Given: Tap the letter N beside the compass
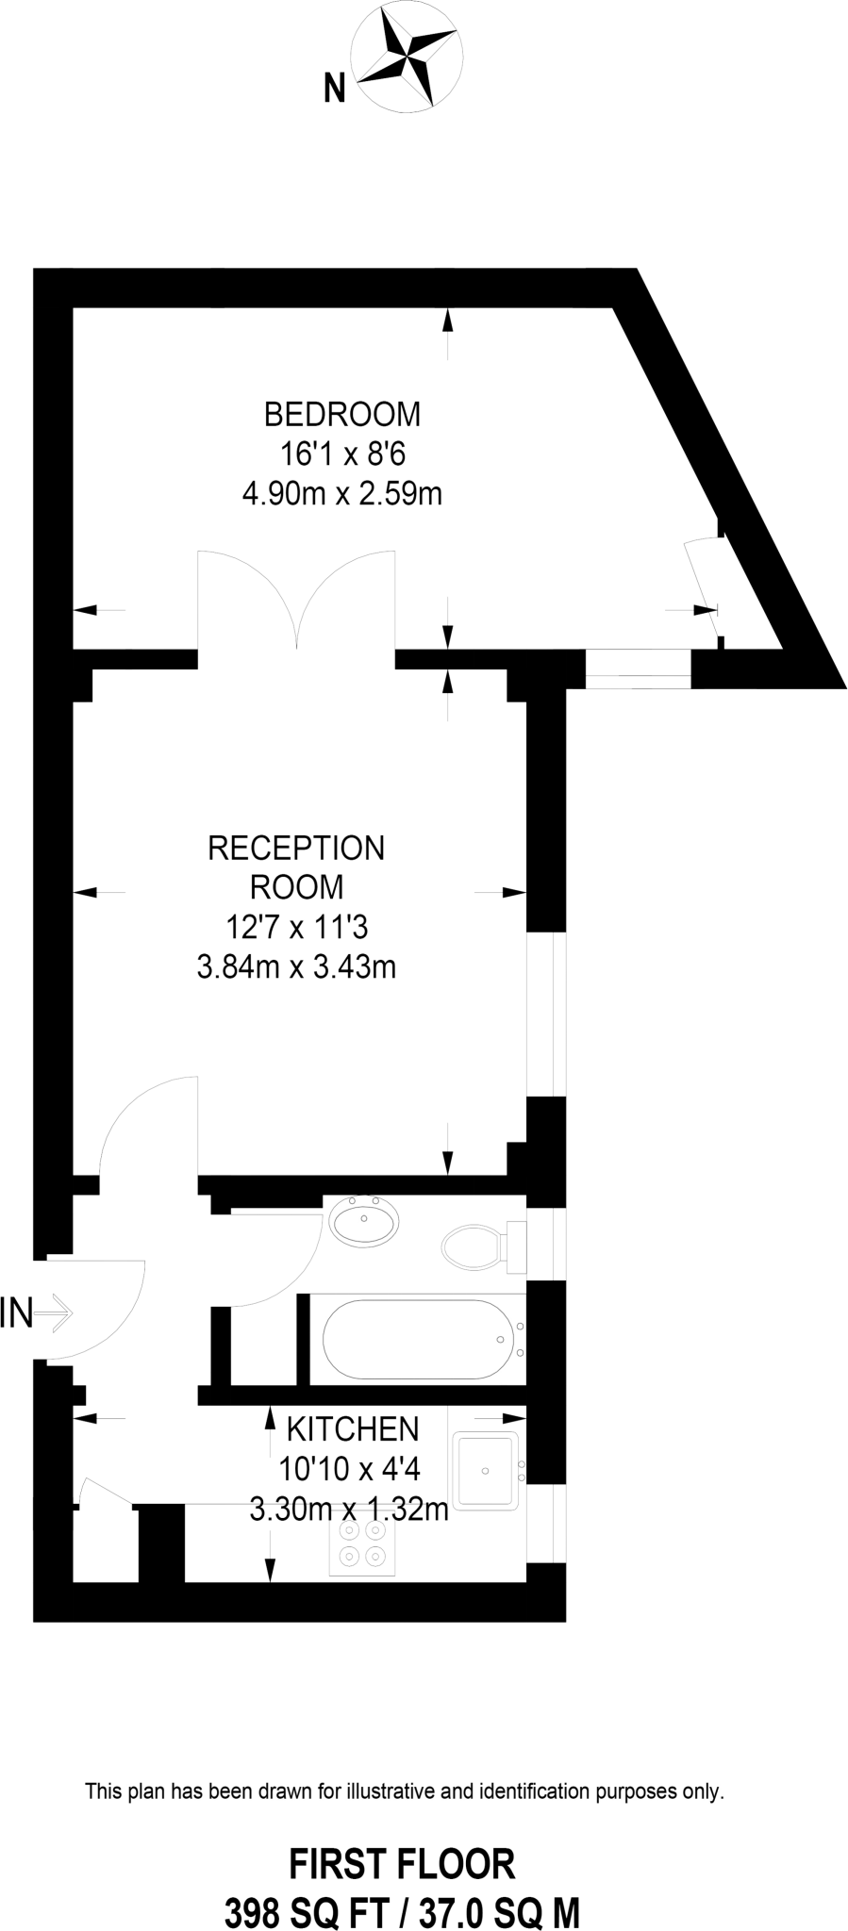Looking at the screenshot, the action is (x=334, y=89).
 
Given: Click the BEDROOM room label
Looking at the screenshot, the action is (x=341, y=414).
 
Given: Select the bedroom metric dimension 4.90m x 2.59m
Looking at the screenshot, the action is (x=341, y=493).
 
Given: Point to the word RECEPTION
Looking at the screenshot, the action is (x=296, y=848).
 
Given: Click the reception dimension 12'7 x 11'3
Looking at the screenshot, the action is (x=296, y=928).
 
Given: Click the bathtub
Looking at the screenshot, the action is (x=423, y=1340).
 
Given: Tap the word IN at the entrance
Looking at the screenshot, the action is (x=16, y=1312).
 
